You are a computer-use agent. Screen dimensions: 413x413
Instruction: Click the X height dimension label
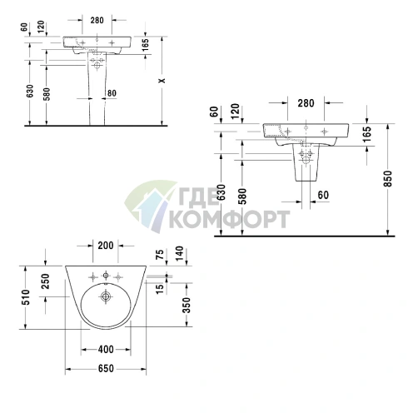pos(162,80)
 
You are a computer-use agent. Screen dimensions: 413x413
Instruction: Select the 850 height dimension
pos(388,179)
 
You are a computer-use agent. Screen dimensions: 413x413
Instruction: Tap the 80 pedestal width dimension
pos(112,93)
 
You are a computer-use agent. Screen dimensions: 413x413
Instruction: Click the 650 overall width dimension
pos(106,369)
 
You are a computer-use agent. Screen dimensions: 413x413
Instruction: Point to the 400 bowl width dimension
pos(106,350)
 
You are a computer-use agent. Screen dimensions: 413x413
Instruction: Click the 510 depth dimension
pos(26,297)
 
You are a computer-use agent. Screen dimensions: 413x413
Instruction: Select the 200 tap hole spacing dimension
pos(106,246)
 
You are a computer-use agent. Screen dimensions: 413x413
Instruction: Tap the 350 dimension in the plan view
pos(187,305)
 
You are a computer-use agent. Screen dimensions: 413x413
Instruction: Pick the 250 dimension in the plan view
pos(45,281)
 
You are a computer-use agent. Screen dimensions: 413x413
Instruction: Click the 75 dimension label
pos(160,255)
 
